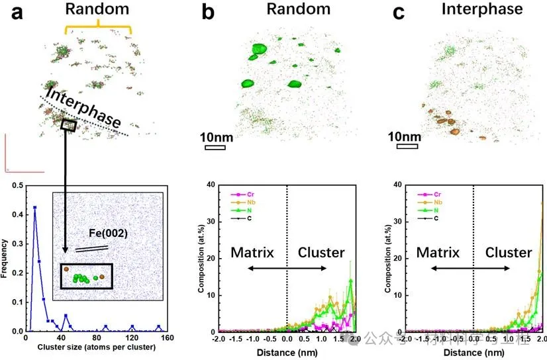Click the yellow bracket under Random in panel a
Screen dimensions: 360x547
coord(98,28)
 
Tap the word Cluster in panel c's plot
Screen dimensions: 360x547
coord(508,252)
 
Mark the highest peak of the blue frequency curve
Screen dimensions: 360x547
coord(34,208)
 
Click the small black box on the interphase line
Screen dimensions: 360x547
coord(69,124)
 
